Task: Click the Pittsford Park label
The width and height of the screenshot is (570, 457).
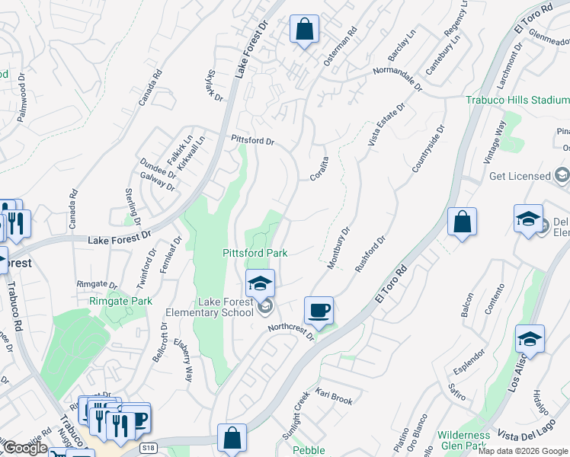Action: pos(255,253)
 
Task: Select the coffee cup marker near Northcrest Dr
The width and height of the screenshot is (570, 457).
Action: pos(319,311)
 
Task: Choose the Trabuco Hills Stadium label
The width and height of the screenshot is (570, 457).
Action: pos(517,100)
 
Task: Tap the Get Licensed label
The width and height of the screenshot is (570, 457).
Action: pos(520,176)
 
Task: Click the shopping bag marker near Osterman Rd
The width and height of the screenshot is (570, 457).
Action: pos(304,30)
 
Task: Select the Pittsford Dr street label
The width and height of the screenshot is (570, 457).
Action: pos(253,141)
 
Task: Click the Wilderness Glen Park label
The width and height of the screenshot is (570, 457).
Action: pos(463,440)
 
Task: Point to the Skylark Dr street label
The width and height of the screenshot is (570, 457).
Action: pos(214,86)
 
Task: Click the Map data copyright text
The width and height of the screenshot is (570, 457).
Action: pos(523,451)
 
